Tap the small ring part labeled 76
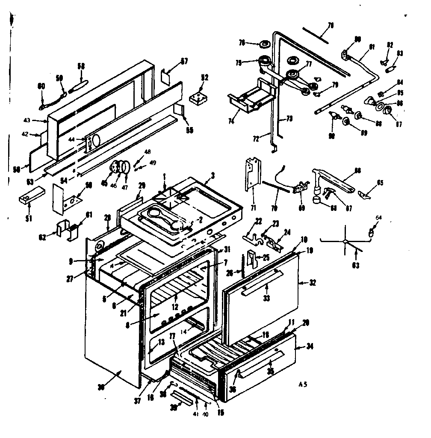point(265,44)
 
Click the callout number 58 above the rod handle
point(81,66)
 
